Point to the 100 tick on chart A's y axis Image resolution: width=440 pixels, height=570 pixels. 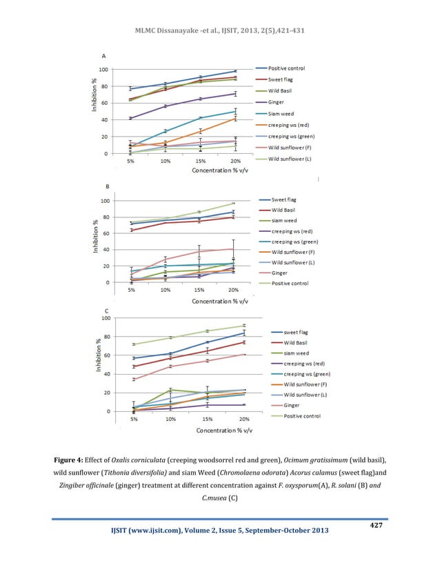pos(102,70)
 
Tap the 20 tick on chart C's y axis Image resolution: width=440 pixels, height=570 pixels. pos(104,393)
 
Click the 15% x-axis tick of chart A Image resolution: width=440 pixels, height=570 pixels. pos(200,161)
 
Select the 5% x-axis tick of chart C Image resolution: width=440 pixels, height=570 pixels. pos(134,419)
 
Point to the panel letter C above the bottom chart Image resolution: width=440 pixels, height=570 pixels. pos(104,311)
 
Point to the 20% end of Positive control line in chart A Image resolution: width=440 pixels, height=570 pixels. pos(235,71)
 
